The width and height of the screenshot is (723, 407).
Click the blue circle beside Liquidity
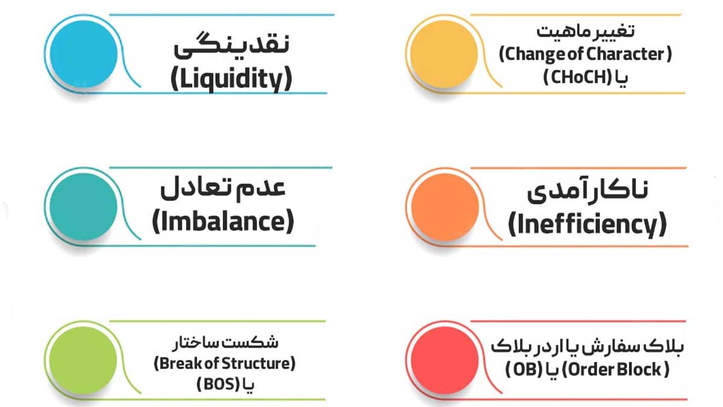pos(84,54)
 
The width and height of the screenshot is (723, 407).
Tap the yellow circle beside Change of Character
pos(444,54)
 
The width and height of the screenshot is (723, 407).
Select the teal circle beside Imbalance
pos(84,207)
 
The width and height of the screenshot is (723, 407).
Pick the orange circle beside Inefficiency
pos(445,207)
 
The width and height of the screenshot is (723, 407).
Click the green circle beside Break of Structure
pos(83,360)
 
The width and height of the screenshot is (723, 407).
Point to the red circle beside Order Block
pos(445,360)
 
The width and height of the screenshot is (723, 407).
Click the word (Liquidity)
pos(231,80)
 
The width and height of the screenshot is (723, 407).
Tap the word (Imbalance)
pos(223,221)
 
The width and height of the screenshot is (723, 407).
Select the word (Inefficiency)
pos(587,224)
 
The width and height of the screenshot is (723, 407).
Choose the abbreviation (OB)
pos(524,370)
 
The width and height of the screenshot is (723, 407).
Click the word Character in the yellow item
pos(636,54)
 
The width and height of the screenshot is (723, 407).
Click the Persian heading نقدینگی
pos(231,45)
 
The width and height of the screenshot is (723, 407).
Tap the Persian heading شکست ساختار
pos(225,343)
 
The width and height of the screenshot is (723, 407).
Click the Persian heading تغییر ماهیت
pos(586,31)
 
